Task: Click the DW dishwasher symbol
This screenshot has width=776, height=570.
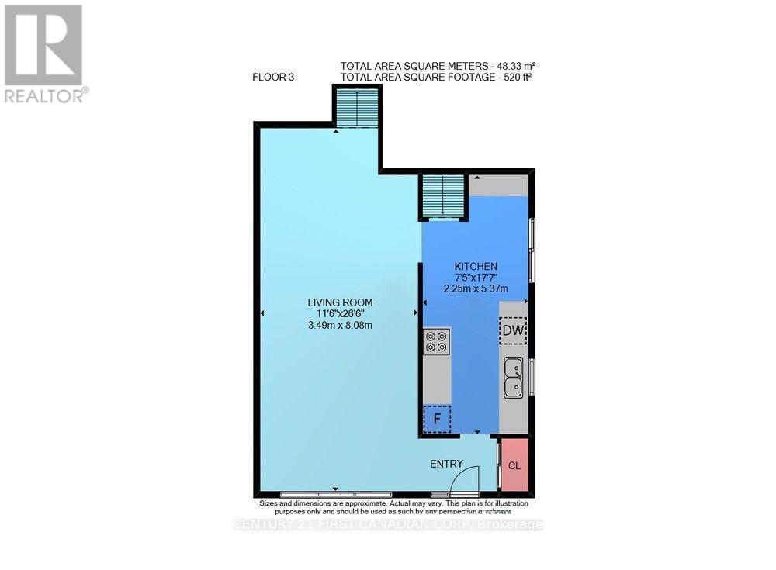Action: click(513, 331)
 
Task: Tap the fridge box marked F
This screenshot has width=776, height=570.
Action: click(437, 420)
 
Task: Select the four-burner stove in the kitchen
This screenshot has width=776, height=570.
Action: click(437, 342)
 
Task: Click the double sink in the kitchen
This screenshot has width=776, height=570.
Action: click(513, 376)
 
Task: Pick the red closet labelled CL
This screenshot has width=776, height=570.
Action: click(514, 465)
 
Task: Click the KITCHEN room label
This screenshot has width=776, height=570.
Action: click(476, 266)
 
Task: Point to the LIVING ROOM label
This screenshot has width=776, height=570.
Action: click(340, 302)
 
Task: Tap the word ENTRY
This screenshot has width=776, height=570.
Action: click(447, 464)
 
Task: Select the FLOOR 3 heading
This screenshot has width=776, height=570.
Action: click(273, 77)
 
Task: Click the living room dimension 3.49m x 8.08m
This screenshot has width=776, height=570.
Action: click(340, 325)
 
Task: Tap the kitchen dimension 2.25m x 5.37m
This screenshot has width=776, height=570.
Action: click(476, 288)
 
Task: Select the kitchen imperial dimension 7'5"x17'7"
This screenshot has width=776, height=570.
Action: click(476, 277)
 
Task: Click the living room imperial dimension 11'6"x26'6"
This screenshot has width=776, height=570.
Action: click(340, 313)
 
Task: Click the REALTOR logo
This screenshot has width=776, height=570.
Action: click(45, 54)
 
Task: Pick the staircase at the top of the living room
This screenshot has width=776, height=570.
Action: click(357, 108)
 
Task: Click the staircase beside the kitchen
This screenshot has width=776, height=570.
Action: click(443, 197)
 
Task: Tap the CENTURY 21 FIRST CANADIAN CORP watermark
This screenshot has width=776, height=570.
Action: click(388, 525)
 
